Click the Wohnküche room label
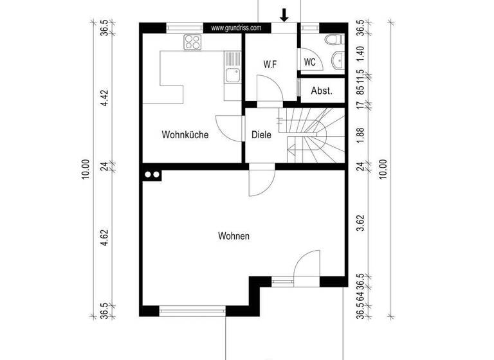coord(185,135)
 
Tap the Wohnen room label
coord(233,236)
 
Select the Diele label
coord(261,135)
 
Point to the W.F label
coord(270,64)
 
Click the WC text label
coord(309,62)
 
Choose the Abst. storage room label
coord(322,91)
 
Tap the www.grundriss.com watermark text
coord(236,28)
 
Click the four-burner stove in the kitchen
coord(192,42)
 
